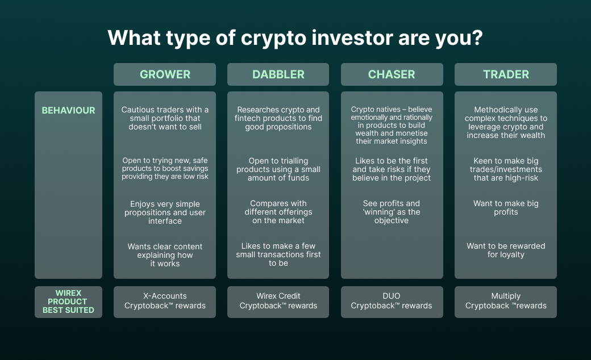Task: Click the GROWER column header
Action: click(165, 74)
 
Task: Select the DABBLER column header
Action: click(278, 74)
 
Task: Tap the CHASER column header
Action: click(392, 74)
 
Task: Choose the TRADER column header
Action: click(506, 74)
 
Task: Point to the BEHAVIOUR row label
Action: click(68, 110)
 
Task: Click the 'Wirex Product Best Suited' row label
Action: click(68, 302)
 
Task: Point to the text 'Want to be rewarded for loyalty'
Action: click(506, 250)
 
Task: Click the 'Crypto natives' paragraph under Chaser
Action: click(392, 125)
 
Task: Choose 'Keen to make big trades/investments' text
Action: click(506, 169)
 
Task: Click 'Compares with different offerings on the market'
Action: click(278, 212)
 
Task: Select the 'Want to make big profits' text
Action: click(506, 207)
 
